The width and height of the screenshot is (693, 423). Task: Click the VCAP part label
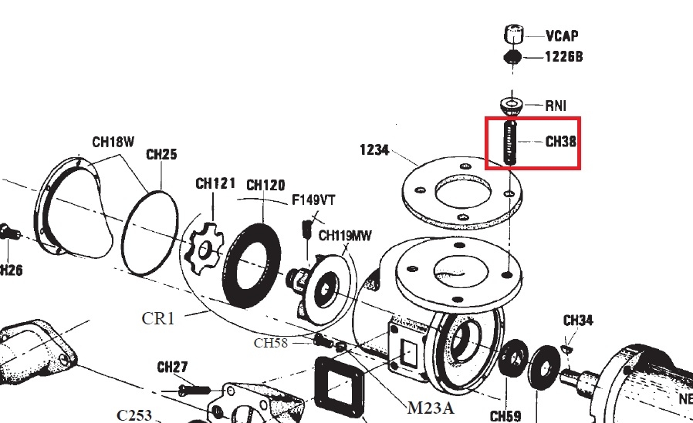[561, 36]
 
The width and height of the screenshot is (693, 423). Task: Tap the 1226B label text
[563, 56]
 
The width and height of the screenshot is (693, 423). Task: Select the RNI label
[556, 105]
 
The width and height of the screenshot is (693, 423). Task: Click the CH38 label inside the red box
[561, 142]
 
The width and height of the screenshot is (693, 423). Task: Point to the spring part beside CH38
[509, 142]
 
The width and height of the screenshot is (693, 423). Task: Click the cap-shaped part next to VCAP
[512, 35]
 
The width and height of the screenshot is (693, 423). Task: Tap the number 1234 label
[375, 149]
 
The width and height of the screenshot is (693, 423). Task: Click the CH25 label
[161, 154]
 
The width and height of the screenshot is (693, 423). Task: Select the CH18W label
[113, 142]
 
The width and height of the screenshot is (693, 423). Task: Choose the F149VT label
[313, 200]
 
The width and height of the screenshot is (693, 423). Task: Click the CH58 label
[270, 343]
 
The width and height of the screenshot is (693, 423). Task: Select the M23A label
[431, 406]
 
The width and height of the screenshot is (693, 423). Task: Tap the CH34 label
[577, 321]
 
